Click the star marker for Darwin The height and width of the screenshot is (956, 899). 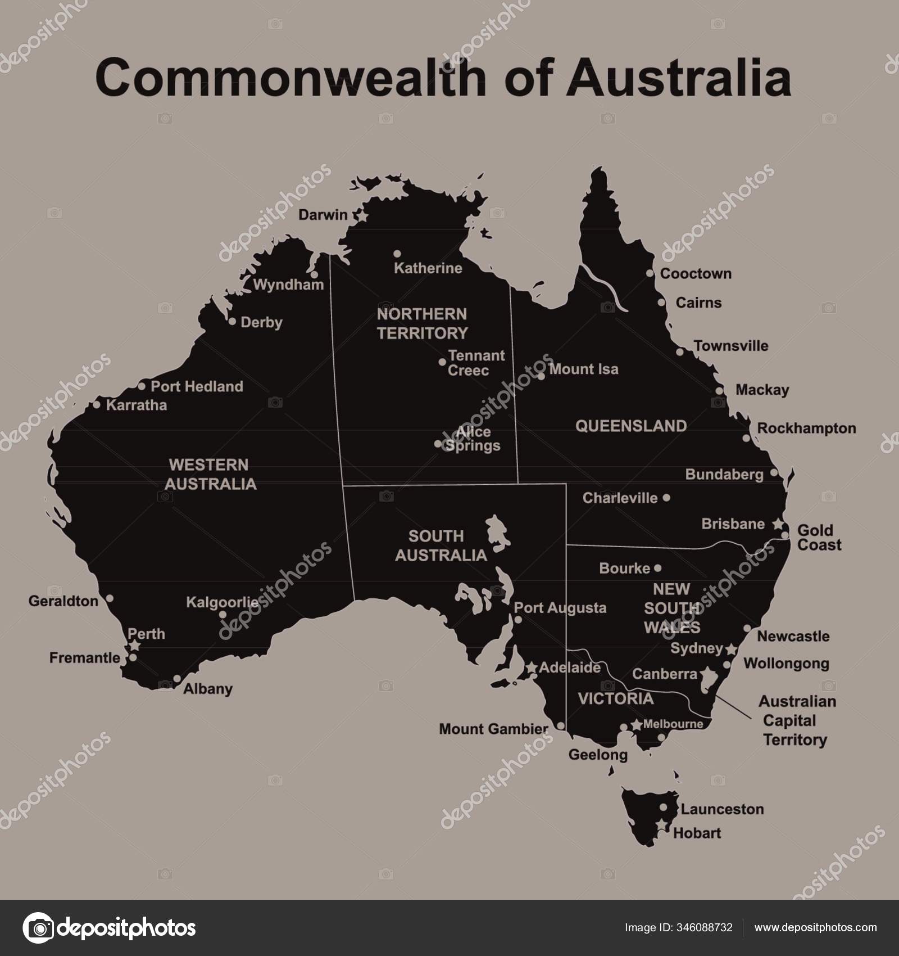point(362,215)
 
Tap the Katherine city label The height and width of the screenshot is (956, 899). point(428,268)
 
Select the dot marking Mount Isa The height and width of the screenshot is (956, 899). point(541,376)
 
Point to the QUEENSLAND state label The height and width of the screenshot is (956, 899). point(630,426)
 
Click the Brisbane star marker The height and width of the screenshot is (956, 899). point(778,524)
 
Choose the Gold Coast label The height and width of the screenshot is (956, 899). point(819,538)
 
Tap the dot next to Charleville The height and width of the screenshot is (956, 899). point(666,498)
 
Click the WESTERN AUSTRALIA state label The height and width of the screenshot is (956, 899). point(210,474)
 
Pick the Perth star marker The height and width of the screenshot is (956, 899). point(135,646)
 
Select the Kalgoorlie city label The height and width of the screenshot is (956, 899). point(223,603)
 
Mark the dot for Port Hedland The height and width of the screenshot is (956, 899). point(142,386)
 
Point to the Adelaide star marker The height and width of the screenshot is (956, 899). point(531,668)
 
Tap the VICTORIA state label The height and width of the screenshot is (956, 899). point(616,698)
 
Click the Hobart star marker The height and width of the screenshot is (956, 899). point(664,824)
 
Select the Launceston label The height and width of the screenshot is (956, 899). point(722,809)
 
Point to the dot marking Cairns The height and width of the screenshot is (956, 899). point(661,303)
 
